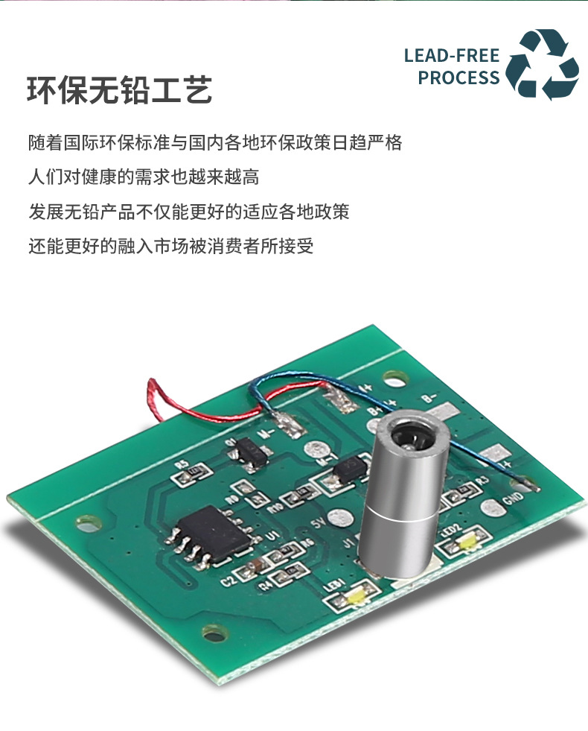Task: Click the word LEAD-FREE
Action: tap(452, 56)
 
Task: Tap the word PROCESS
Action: tap(458, 77)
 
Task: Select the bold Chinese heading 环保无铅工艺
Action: tap(120, 89)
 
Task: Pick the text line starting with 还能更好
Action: tap(171, 246)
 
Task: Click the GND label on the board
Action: tap(514, 500)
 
